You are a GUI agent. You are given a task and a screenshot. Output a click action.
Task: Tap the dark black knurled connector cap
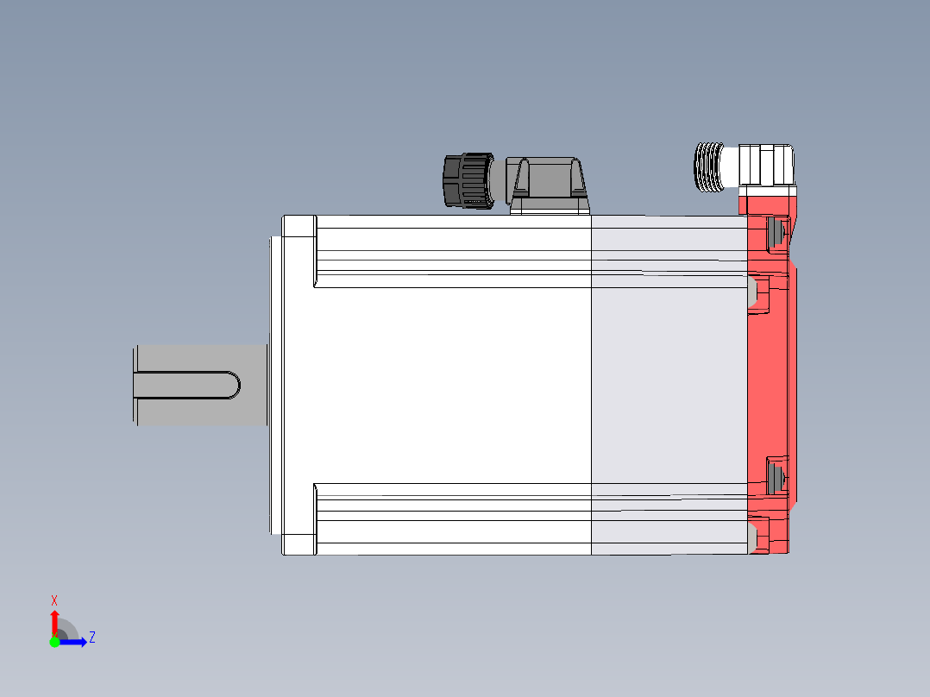(x=467, y=180)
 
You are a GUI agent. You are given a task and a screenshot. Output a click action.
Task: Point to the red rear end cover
(x=769, y=380)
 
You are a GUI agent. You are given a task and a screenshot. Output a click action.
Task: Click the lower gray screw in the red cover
(x=775, y=477)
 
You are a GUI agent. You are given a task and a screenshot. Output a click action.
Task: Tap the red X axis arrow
(x=54, y=622)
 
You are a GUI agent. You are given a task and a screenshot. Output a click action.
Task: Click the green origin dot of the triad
(x=54, y=642)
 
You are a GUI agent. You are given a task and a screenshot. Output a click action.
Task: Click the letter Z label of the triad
(x=91, y=637)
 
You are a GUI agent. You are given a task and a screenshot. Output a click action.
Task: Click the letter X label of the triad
(x=54, y=600)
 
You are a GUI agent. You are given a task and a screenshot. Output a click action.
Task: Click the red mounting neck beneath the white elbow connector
(x=766, y=204)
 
